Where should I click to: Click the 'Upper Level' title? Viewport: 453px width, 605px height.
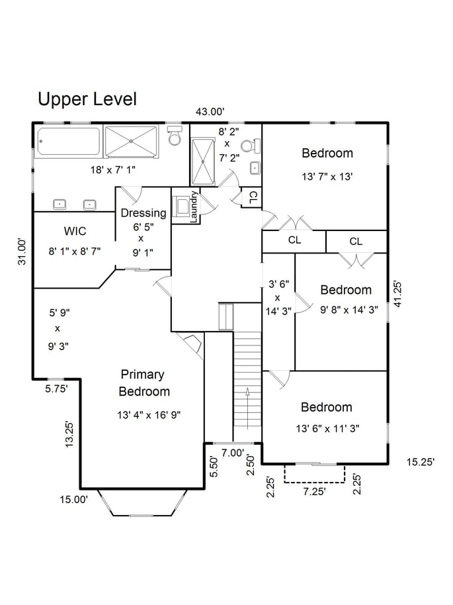pyautogui.click(x=87, y=99)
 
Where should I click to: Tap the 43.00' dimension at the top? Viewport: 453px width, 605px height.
pyautogui.click(x=210, y=112)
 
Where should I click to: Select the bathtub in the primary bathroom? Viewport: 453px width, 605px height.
pyautogui.click(x=69, y=142)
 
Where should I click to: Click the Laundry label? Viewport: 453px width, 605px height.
pyautogui.click(x=194, y=207)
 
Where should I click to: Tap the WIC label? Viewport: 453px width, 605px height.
pyautogui.click(x=75, y=232)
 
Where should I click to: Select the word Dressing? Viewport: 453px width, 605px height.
pyautogui.click(x=144, y=213)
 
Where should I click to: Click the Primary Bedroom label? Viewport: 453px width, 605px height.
pyautogui.click(x=144, y=383)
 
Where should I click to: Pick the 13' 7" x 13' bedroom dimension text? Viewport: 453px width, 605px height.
pyautogui.click(x=327, y=177)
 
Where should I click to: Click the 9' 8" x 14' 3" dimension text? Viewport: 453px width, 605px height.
pyautogui.click(x=349, y=309)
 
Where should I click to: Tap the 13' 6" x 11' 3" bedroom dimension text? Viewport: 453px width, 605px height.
pyautogui.click(x=328, y=429)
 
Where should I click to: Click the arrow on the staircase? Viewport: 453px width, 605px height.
pyautogui.click(x=247, y=408)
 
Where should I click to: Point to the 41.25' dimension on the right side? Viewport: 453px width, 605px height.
pyautogui.click(x=398, y=295)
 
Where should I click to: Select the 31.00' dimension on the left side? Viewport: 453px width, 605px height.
pyautogui.click(x=22, y=252)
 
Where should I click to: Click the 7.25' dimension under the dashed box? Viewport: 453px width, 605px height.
pyautogui.click(x=315, y=492)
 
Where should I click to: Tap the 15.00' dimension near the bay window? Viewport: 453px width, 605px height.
pyautogui.click(x=73, y=500)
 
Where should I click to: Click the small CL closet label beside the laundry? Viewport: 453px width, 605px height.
pyautogui.click(x=253, y=197)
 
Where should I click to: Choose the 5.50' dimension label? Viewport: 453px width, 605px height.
pyautogui.click(x=214, y=467)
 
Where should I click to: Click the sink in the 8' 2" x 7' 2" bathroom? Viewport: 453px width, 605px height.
pyautogui.click(x=255, y=168)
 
